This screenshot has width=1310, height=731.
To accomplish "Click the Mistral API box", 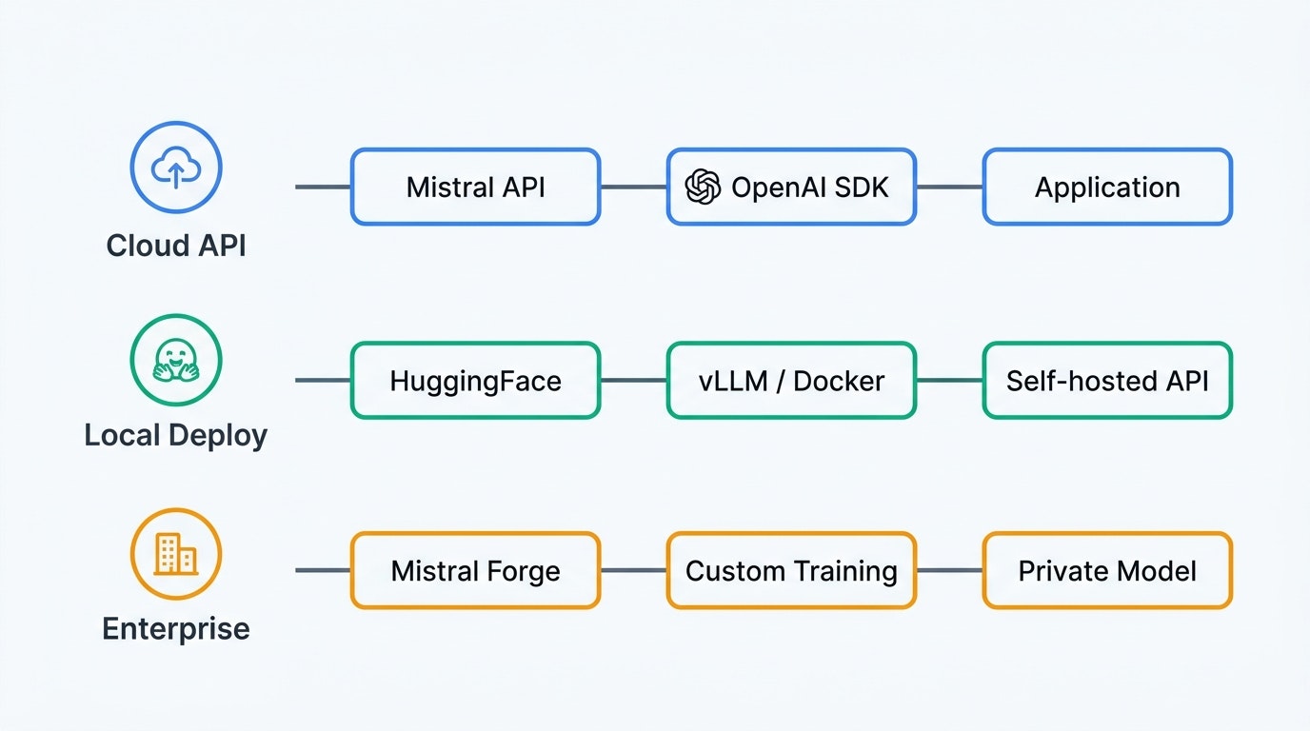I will (475, 187).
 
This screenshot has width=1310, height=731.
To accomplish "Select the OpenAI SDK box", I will (791, 187).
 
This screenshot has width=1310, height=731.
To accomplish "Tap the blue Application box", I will (1107, 187).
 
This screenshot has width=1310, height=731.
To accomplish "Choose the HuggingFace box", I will (475, 381).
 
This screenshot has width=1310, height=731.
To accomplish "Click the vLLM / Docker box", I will (791, 381).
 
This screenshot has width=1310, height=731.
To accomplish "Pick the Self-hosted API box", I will (1107, 381).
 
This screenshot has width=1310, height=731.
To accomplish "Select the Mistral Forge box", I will (475, 571).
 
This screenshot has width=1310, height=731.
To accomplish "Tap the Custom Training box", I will (791, 571).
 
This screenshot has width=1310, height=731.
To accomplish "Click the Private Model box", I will (1107, 571).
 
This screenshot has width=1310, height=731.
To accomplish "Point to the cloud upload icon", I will (176, 168).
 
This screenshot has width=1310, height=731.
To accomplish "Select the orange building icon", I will (176, 554).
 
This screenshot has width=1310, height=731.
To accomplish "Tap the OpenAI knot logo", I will (704, 187).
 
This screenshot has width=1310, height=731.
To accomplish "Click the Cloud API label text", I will (176, 246).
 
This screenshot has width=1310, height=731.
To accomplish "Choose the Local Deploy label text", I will (176, 436).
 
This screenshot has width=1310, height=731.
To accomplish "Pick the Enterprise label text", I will (176, 628).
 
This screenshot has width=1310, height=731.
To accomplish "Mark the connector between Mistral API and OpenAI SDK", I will (633, 187).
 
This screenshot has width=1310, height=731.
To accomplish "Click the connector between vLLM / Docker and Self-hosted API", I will (949, 381).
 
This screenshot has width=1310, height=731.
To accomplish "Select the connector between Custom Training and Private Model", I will (949, 571).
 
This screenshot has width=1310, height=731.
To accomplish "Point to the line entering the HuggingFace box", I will (323, 381).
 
